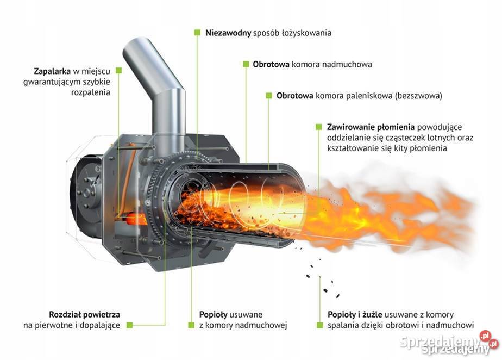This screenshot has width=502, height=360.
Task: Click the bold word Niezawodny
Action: point(228,33)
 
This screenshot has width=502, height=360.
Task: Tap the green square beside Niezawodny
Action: point(197,33)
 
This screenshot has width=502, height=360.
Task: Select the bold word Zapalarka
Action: point(52,71)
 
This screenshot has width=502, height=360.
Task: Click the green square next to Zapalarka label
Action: point(119,71)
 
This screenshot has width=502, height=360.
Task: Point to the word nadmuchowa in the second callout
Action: point(347,64)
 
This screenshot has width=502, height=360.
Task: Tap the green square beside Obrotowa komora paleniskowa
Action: point(269,96)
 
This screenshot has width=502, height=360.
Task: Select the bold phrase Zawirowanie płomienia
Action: point(371,127)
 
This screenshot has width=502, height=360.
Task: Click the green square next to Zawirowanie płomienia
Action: point(318,127)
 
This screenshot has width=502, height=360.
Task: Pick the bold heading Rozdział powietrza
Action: point(85,314)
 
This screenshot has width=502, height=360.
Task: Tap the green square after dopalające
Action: point(130,325)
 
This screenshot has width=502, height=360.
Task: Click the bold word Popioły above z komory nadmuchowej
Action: point(213,314)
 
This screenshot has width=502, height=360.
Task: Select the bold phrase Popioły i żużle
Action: point(355,314)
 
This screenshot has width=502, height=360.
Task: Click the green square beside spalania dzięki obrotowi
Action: point(319,325)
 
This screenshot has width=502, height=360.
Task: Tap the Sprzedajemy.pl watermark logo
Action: point(448,343)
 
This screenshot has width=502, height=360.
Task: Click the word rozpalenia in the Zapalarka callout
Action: point(91,92)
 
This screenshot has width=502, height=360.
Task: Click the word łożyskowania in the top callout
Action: point(306,33)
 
